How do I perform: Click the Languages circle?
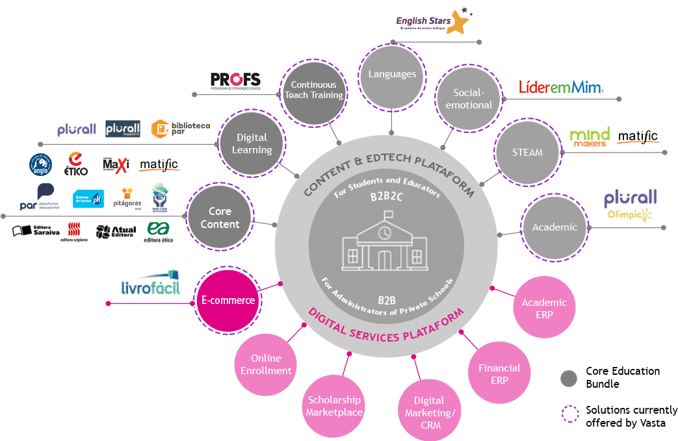coord(392,74)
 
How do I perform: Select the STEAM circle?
coord(527,152)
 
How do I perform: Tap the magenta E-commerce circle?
coord(228,300)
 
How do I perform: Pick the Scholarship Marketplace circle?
coord(334,406)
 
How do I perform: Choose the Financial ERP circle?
coord(499,373)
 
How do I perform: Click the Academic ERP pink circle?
coord(544,308)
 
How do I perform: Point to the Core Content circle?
coord(220,218)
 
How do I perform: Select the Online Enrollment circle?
coord(266,364)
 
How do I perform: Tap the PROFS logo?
coord(235,81)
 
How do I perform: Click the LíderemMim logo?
coord(561,87)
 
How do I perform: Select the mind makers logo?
coord(589,136)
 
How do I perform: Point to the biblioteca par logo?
coord(181,129)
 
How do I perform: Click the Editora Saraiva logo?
coord(36,231)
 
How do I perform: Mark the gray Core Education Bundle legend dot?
coord(569,378)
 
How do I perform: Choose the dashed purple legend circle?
coord(569,414)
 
